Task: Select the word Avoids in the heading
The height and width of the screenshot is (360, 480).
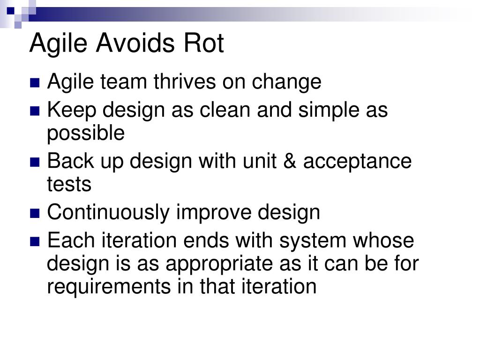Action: [x=135, y=43]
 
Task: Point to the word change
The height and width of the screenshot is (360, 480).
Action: [x=286, y=82]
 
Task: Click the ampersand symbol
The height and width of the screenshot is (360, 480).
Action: [x=290, y=161]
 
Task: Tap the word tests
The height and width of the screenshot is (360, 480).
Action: [x=69, y=184]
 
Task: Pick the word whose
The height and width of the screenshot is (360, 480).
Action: [x=383, y=240]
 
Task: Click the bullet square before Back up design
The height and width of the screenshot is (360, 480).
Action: [x=35, y=162]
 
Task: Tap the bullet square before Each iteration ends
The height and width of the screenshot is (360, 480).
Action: [x=35, y=241]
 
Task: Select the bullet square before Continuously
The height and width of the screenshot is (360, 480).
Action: [x=35, y=213]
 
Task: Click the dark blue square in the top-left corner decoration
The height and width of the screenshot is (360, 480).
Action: [x=11, y=11]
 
